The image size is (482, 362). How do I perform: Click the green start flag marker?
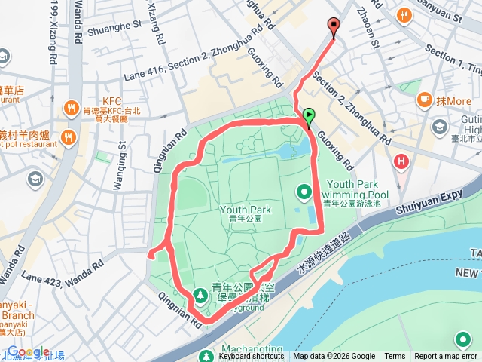click(309, 117)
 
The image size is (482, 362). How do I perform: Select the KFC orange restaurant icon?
click(72, 107)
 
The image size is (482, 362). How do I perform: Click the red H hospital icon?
click(401, 161)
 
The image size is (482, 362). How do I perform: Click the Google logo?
click(29, 351)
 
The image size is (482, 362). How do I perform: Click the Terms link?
click(395, 357)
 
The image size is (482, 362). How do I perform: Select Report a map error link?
click(446, 357)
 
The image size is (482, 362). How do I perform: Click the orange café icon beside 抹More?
click(424, 100)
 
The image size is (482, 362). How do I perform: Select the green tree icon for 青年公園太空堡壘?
click(201, 294)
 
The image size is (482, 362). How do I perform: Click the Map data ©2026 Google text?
click(334, 357)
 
